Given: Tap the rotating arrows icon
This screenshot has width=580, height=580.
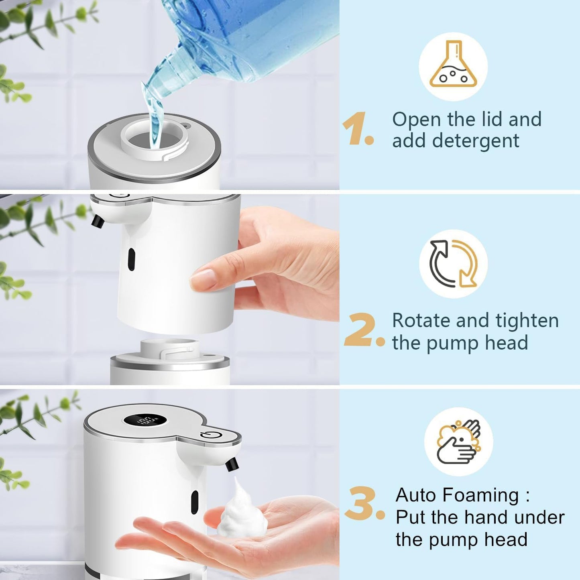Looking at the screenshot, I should (x=453, y=264).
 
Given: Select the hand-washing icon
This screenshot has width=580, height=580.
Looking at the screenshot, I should (x=458, y=442).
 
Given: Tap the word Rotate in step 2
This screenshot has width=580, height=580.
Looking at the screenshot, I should (x=421, y=320).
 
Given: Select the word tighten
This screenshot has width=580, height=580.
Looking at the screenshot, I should (x=527, y=320).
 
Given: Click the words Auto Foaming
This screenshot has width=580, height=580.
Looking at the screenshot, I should (x=457, y=495).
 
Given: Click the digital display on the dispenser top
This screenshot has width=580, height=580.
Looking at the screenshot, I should (x=145, y=421).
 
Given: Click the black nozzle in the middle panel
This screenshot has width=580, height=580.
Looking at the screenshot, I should (x=98, y=221).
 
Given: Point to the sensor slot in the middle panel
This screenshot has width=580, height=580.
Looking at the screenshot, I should (x=131, y=259).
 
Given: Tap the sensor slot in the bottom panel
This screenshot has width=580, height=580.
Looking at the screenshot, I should (x=195, y=502).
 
